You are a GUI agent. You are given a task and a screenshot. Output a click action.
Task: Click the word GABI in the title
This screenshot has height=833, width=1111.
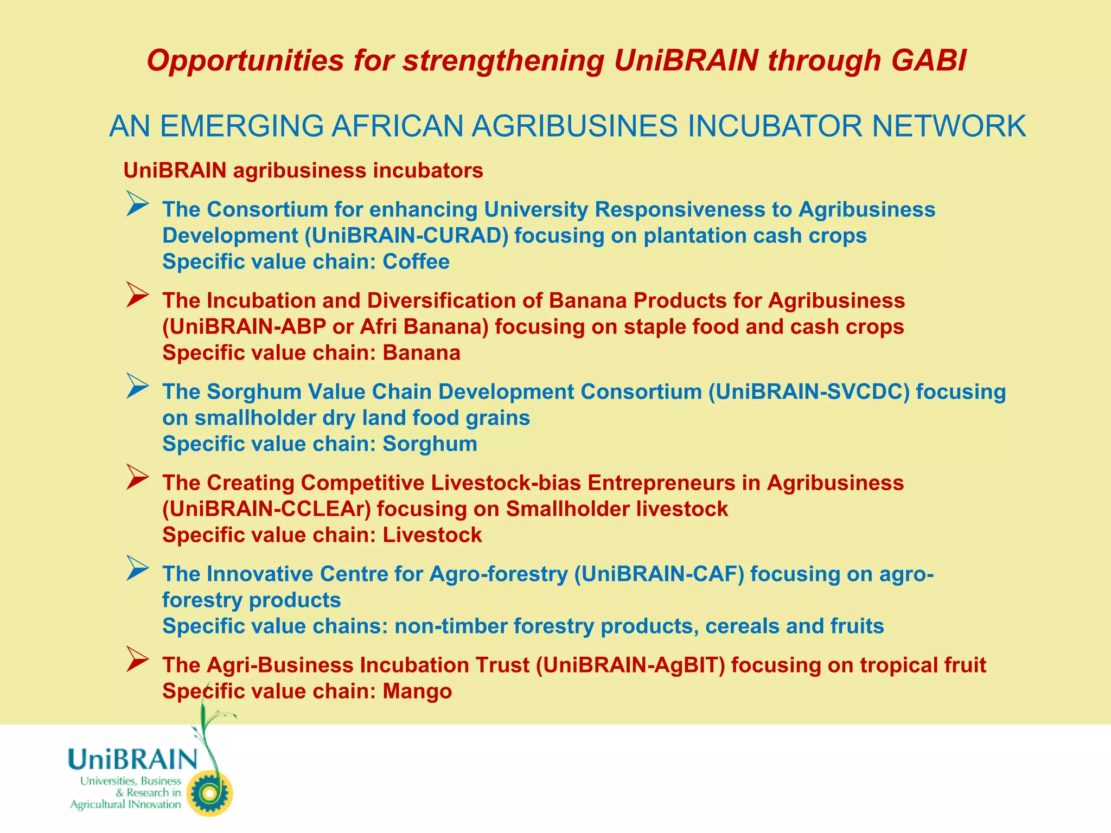(929, 60)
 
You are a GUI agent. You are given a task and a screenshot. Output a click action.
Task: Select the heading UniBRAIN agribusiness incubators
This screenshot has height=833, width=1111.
(303, 171)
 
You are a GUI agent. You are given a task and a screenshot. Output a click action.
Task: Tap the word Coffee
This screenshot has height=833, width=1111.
(416, 262)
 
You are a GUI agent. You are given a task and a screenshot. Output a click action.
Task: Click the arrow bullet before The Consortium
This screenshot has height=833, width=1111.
(137, 204)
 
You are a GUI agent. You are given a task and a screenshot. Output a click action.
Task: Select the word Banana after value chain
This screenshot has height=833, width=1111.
(422, 353)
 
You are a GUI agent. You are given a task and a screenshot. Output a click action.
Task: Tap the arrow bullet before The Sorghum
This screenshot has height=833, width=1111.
(137, 386)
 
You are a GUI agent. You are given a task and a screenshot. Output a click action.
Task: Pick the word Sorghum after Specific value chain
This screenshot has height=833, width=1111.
(430, 444)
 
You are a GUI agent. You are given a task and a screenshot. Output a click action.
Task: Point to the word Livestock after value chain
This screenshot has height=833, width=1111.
(432, 535)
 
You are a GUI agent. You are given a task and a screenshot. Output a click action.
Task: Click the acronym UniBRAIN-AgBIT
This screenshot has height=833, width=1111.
(630, 665)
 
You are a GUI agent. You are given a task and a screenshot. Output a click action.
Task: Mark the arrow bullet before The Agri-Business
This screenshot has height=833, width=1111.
(137, 659)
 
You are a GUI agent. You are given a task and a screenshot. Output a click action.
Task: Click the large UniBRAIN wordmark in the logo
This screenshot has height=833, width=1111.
(133, 759)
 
